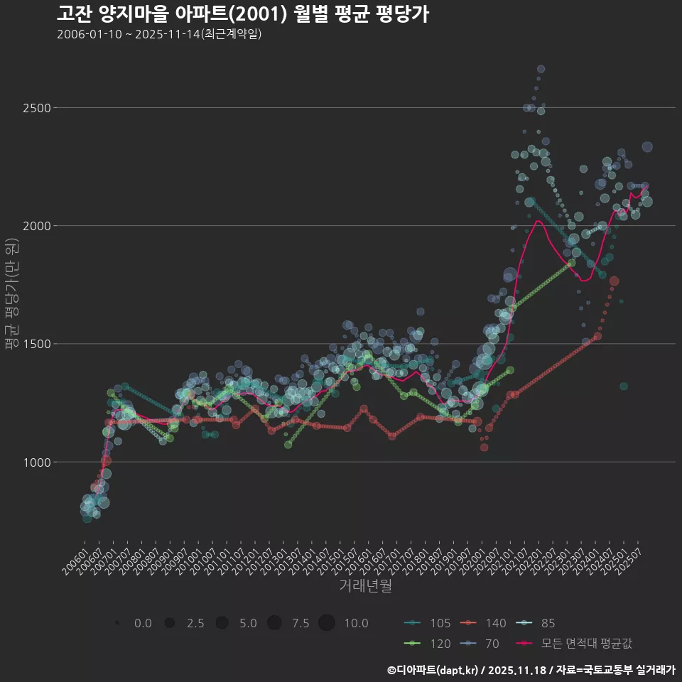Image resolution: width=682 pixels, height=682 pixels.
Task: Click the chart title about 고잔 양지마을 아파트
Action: coord(242,14)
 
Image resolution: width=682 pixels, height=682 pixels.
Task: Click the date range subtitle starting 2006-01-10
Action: coord(159,34)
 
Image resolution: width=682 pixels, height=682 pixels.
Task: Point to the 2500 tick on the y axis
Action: coord(36,108)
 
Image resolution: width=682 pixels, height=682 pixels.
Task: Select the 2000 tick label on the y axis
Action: coord(36,226)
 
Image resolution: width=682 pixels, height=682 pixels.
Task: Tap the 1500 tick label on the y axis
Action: coord(36,344)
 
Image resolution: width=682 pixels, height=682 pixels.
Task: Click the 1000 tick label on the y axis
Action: coord(36,462)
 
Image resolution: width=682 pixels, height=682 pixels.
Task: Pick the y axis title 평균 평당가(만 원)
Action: coord(11,295)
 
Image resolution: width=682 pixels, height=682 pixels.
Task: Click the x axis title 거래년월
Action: coord(365,585)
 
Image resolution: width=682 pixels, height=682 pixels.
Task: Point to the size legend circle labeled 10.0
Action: coord(327,623)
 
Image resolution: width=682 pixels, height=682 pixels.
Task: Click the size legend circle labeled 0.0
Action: coord(117,623)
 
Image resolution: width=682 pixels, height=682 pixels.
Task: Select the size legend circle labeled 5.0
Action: coord(222,623)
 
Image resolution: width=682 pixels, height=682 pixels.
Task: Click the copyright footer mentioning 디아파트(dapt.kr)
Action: coord(531,669)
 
